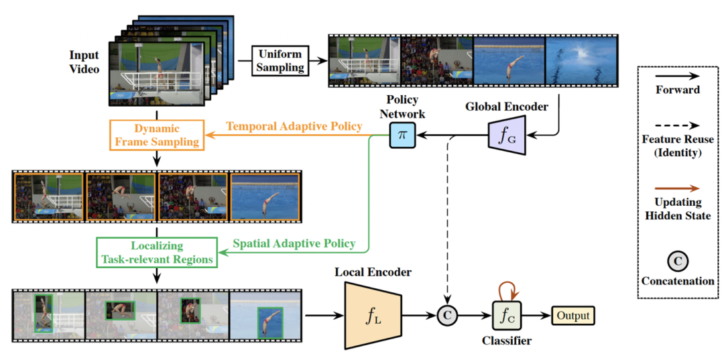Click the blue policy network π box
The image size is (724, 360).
pos(402,135)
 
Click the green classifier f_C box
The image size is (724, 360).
pos(507,314)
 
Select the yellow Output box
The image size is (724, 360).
pos(573,314)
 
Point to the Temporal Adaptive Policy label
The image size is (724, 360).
pos(294,125)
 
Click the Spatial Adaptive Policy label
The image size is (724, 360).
pos(294,243)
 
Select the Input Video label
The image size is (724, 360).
pos(84,61)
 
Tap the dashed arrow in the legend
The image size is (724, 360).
pos(678,125)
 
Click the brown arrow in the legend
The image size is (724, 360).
pos(678,188)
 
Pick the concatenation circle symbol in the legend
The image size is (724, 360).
pos(678,261)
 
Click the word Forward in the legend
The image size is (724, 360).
pos(678,89)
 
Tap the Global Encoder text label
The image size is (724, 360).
pos(506,106)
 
